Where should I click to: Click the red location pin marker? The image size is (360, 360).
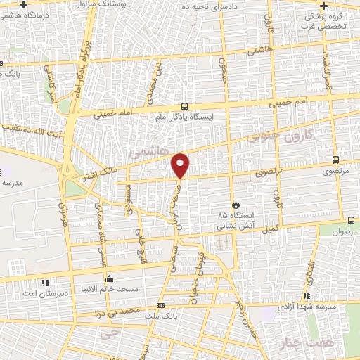[181, 165]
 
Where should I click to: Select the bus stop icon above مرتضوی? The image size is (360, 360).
[335, 160]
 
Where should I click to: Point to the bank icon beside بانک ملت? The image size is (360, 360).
[161, 306]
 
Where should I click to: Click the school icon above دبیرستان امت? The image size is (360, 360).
[46, 283]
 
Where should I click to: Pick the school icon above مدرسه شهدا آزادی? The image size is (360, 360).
[306, 296]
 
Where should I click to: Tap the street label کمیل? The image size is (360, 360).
[271, 228]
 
